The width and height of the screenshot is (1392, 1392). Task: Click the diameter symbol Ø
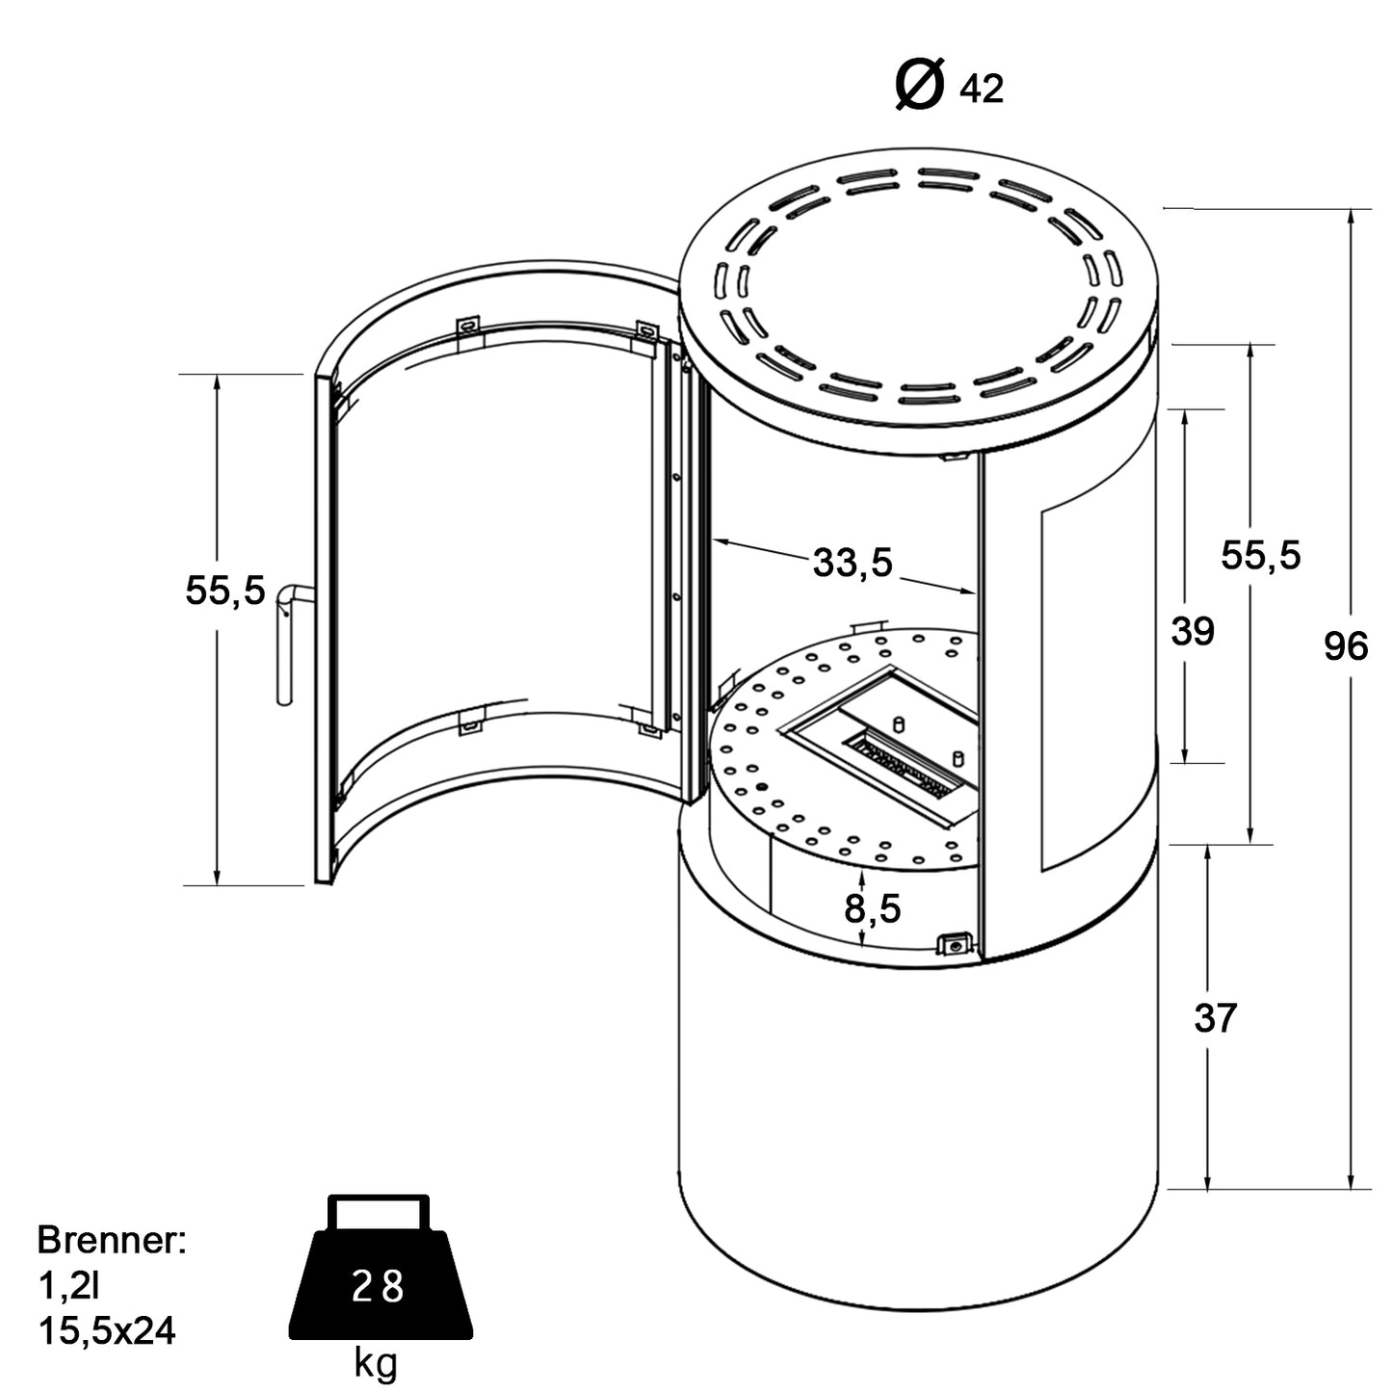(x=919, y=85)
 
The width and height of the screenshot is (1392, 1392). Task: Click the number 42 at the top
(x=982, y=90)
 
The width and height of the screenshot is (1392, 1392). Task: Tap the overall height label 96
(x=1345, y=646)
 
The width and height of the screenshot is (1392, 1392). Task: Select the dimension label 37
(x=1215, y=1017)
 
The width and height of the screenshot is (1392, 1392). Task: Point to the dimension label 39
(x=1193, y=632)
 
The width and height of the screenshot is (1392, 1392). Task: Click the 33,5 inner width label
(x=853, y=563)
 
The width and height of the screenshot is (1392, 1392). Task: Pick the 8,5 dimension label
(x=873, y=907)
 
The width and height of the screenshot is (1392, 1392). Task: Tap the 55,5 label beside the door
(x=224, y=591)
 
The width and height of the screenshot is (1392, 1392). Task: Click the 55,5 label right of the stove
(x=1261, y=555)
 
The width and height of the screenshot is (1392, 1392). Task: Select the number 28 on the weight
(x=378, y=1287)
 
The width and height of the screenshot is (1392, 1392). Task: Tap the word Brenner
(x=111, y=1241)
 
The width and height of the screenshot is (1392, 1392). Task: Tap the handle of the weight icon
(x=379, y=1210)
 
